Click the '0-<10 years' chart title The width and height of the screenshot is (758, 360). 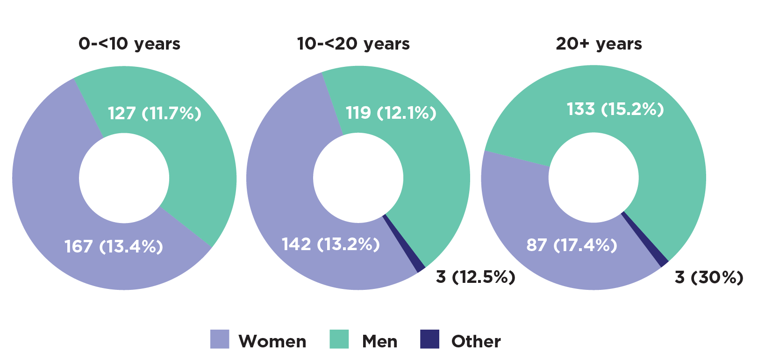click(x=129, y=44)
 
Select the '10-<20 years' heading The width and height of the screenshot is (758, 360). click(x=353, y=44)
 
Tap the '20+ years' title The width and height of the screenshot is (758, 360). click(x=599, y=44)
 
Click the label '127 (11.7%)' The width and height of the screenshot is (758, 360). click(x=155, y=113)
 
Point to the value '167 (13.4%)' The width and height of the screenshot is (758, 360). click(x=114, y=246)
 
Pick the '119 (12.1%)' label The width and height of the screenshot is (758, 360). click(x=391, y=113)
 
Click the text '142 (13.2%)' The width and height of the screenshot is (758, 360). click(x=330, y=244)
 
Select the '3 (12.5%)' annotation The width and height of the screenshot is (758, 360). click(x=475, y=277)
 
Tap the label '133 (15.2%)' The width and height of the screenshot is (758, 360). click(x=615, y=109)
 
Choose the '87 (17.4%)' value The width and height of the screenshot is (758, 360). click(x=572, y=245)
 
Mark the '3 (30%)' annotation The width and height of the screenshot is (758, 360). click(x=708, y=277)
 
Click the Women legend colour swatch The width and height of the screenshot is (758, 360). click(x=220, y=339)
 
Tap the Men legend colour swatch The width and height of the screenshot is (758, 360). click(x=339, y=339)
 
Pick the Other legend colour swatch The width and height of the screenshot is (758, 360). click(x=429, y=339)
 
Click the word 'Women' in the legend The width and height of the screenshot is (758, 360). click(x=272, y=341)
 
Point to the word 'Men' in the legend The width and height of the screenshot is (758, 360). click(x=379, y=341)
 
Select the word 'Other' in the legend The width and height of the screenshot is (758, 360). click(x=476, y=341)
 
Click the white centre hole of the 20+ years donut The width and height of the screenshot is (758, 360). click(x=594, y=178)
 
